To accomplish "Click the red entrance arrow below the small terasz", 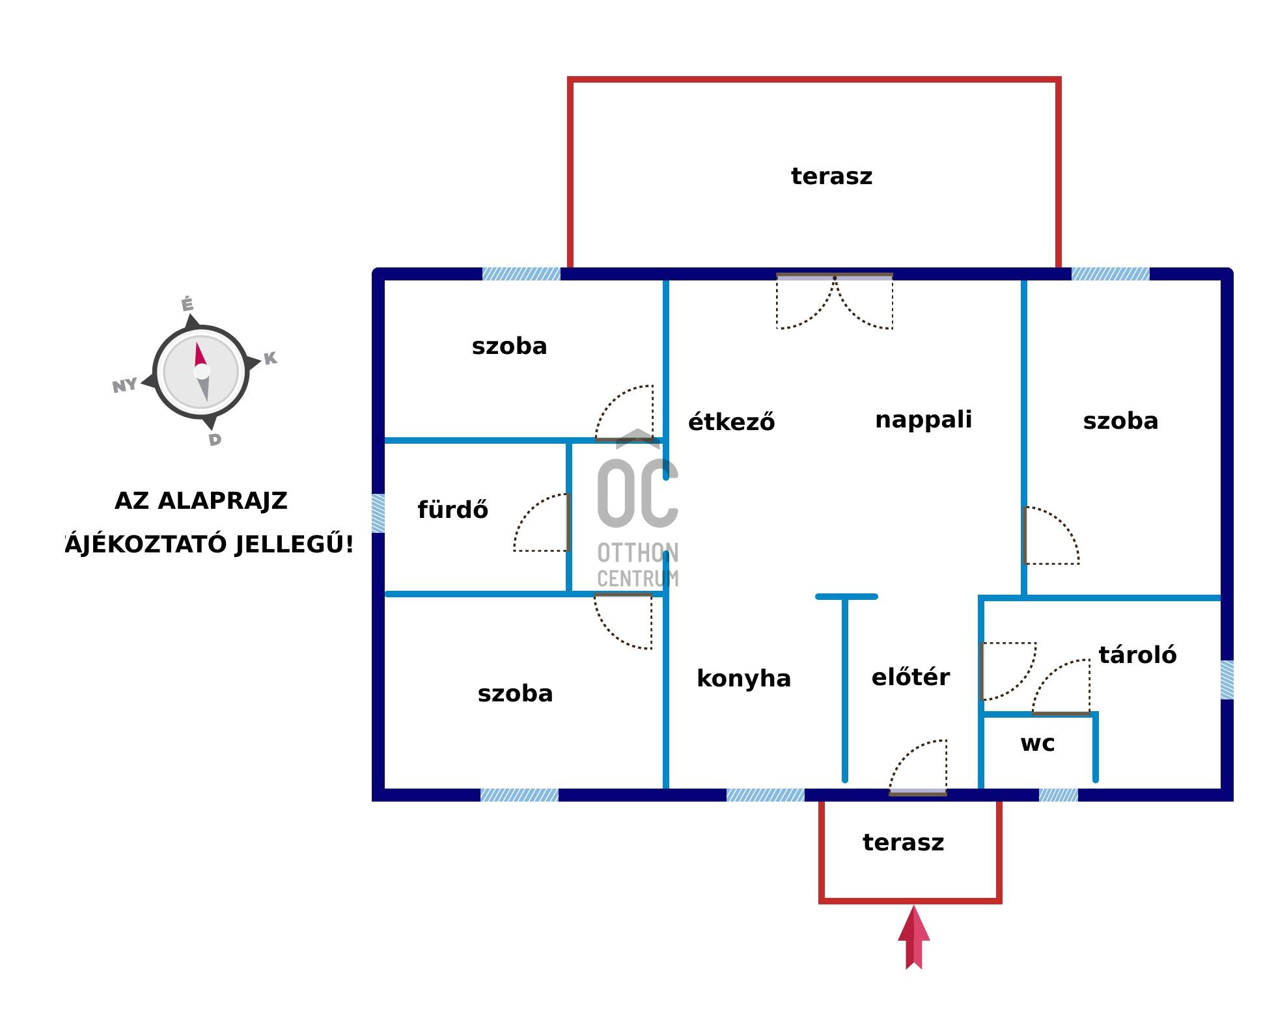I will (914, 937).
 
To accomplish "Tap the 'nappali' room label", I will (923, 420).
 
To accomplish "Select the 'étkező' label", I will (731, 422).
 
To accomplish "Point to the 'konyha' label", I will (743, 679).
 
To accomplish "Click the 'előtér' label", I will (910, 677).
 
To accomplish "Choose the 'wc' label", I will (1037, 743).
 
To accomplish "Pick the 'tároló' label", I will (1137, 655).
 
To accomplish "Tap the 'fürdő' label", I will (452, 509).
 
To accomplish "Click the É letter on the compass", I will (187, 304).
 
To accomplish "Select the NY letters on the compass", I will (124, 385).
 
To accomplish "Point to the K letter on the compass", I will (270, 358).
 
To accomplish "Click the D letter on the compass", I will (215, 440).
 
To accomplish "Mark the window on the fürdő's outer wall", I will (378, 513).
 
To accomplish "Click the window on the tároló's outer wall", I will (1227, 680).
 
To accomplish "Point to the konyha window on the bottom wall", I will (765, 795).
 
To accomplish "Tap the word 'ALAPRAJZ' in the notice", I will (222, 501).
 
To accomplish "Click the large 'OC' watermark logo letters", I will (637, 493).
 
